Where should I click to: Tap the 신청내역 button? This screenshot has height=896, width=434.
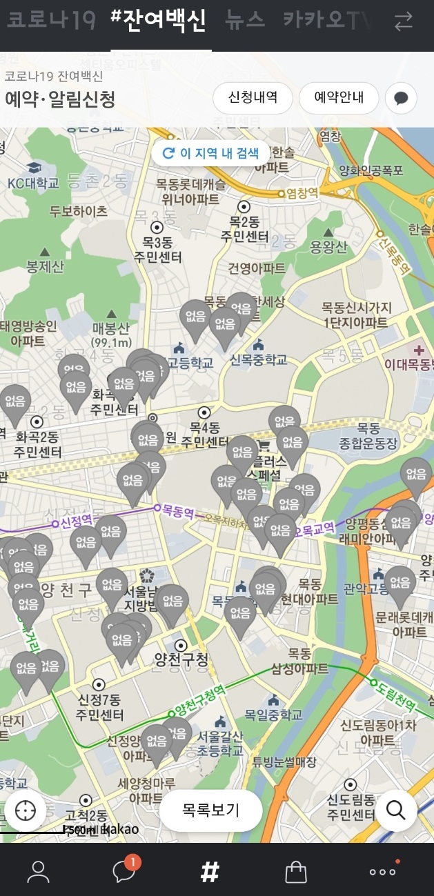coord(253,97)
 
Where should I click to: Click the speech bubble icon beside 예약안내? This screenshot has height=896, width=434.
coord(401,98)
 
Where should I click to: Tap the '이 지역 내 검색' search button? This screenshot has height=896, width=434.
coord(210,153)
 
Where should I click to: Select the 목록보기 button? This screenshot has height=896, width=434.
coord(210,810)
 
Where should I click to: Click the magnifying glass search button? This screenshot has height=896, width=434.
coord(396,810)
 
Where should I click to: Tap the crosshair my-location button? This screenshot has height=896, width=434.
coord(26,810)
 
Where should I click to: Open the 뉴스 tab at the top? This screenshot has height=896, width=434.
coord(245,21)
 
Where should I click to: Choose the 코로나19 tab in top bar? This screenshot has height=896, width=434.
coord(51,21)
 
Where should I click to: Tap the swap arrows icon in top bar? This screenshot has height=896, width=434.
coord(403,22)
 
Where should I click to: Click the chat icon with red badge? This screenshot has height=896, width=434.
coord(124,870)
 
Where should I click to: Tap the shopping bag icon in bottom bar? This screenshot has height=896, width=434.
coord(296,872)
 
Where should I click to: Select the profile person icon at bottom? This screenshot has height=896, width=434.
coord(38,872)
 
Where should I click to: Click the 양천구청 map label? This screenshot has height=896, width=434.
coord(181,659)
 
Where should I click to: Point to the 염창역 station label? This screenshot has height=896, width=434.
coord(302,194)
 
